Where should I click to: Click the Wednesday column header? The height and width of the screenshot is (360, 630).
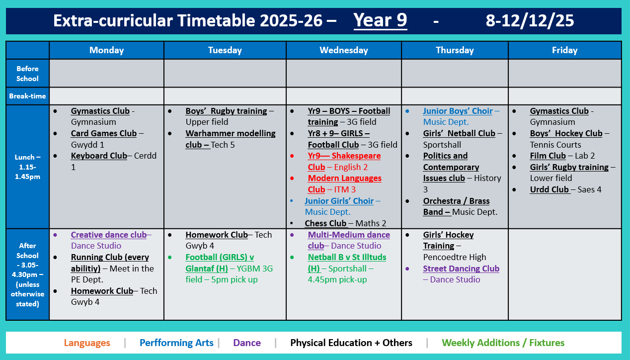[344, 50]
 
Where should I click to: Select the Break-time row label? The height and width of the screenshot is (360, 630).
[27, 96]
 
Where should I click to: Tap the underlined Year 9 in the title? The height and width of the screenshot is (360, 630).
[380, 20]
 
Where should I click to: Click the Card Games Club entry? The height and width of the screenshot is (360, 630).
[103, 133]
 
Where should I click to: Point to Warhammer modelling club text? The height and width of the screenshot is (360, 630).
[230, 139]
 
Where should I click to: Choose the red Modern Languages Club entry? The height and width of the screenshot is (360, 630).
[344, 183]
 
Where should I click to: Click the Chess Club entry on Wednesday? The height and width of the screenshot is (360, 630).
[325, 223]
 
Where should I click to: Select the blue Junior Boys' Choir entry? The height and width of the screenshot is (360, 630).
[457, 111]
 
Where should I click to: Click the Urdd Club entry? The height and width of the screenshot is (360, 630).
[550, 189]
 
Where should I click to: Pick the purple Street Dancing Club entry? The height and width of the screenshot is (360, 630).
[461, 269]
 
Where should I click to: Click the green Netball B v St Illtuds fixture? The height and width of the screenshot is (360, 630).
[346, 257]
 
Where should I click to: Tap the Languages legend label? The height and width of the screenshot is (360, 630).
[87, 343]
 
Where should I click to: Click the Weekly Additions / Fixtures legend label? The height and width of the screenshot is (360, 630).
[503, 343]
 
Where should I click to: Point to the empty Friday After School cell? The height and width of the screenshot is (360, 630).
[564, 274]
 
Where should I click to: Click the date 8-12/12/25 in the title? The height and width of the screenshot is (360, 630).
[530, 20]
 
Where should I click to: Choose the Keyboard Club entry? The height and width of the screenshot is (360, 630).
[99, 156]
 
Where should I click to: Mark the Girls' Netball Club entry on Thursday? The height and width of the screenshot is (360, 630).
[459, 133]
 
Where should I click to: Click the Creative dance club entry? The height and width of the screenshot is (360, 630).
[108, 235]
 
